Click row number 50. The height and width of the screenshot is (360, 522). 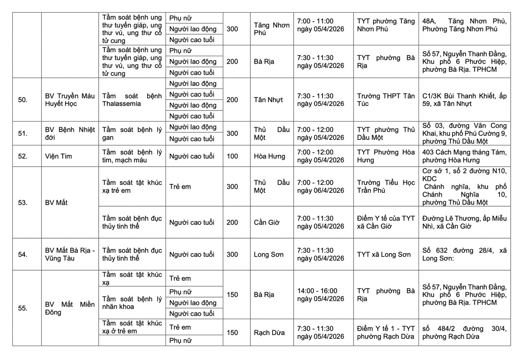pos(23,100)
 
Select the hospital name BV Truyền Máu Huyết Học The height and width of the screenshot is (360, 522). pos(70,100)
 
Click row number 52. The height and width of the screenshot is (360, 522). pos(23,156)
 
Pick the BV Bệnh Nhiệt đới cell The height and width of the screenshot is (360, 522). pos(70,133)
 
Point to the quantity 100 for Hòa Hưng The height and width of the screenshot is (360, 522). pos(232,156)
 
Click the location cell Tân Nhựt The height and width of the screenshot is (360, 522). pos(268,100)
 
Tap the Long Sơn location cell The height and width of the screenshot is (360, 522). pos(268,254)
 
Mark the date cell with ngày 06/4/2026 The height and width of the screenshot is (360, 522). pos(321,186)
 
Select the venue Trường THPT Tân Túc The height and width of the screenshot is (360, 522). pos(385,100)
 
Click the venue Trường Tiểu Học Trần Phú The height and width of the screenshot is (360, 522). pos(385,186)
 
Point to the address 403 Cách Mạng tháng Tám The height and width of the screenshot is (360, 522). pos(464,156)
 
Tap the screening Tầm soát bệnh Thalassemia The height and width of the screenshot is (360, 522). pos(132,100)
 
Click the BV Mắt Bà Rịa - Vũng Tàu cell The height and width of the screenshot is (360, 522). pos(70,254)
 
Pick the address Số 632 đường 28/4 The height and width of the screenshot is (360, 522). pos(464,254)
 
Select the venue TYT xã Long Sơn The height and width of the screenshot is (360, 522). pos(384,254)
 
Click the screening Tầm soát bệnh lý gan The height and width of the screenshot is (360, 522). pos(132,133)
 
